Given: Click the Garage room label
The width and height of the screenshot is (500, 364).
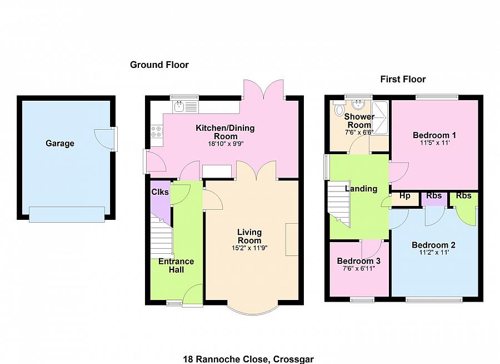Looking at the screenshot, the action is pos(60,143).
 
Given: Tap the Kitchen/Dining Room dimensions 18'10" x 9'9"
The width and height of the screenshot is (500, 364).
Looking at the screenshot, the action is pos(226,144).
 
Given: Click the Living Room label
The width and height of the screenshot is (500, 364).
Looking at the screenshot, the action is pos(249,236).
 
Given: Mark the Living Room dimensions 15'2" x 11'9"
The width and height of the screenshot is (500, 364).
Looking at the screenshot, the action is pos(249,248).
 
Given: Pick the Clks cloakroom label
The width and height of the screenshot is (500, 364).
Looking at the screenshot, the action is pos(160,192).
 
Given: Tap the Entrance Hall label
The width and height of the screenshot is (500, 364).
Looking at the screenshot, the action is pos(176,265).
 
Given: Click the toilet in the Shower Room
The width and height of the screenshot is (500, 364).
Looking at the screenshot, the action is pos(338,108).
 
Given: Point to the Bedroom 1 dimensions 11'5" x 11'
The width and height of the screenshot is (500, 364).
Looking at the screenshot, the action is pos(434,143).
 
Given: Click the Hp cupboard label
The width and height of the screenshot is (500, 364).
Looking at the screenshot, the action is pos(404,195).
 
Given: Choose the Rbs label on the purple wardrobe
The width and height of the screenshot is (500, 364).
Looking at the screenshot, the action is pos(434,195).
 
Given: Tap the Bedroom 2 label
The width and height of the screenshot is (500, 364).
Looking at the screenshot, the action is pos(434,245).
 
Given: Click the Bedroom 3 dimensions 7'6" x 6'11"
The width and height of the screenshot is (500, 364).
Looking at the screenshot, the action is pos(359,269).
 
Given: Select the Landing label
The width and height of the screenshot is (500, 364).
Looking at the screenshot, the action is pos(361,189).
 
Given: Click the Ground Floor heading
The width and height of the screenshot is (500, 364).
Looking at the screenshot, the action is pos(159,65).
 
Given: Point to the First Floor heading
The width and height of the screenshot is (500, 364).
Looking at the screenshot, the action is pos(403,79).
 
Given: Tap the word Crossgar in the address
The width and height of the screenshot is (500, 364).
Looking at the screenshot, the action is pos(293,360).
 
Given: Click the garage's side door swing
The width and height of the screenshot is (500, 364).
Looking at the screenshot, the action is pos(102,137).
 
